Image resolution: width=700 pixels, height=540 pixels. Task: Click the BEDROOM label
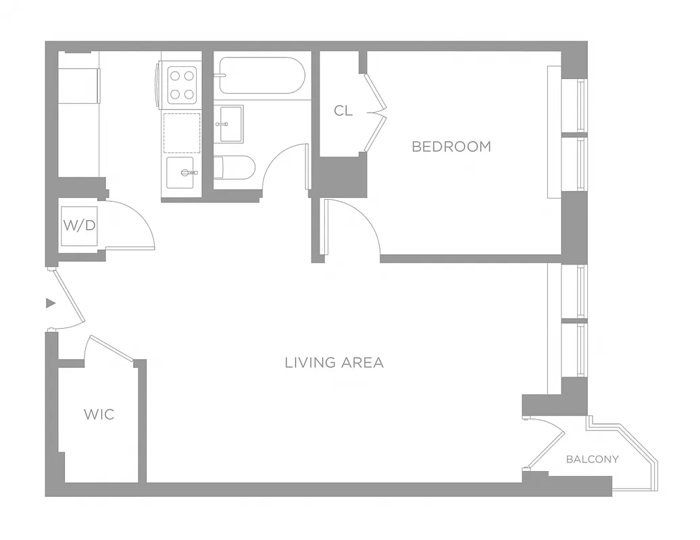click(451, 146)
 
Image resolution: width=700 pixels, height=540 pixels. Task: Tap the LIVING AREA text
click(334, 362)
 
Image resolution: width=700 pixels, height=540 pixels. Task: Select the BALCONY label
click(592, 459)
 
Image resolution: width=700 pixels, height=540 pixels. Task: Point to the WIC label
click(99, 414)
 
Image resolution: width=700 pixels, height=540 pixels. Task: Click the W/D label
click(79, 225)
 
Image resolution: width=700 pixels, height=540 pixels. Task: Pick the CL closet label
click(343, 111)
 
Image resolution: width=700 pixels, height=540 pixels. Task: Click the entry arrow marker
click(50, 303)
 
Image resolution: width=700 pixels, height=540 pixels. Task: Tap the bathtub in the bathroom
click(260, 75)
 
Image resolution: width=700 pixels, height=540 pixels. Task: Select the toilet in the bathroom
click(234, 167)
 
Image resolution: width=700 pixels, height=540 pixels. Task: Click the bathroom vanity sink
click(229, 124)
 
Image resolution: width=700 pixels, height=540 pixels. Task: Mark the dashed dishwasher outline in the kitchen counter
click(182, 133)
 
